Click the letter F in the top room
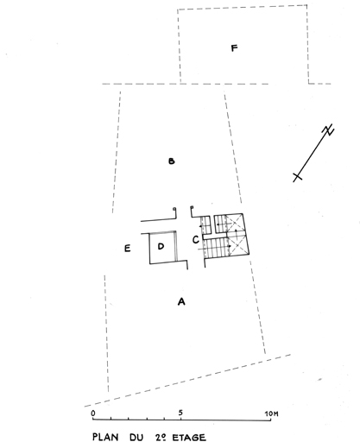click(x=235, y=48)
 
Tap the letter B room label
click(x=172, y=161)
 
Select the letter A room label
click(x=181, y=301)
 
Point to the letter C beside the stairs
click(x=196, y=239)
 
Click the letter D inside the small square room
click(x=161, y=246)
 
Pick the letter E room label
click(x=127, y=249)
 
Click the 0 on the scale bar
click(x=93, y=414)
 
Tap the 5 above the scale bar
click(x=180, y=413)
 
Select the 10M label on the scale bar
click(x=271, y=414)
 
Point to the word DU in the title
click(x=136, y=438)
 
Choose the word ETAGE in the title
click(x=189, y=438)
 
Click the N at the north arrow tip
click(x=328, y=130)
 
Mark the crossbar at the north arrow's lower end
click(x=298, y=176)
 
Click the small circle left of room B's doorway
click(x=174, y=209)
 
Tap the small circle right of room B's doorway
click(x=192, y=207)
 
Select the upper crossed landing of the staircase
click(x=235, y=223)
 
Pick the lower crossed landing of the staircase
click(x=237, y=245)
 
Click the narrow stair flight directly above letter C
click(x=205, y=225)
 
